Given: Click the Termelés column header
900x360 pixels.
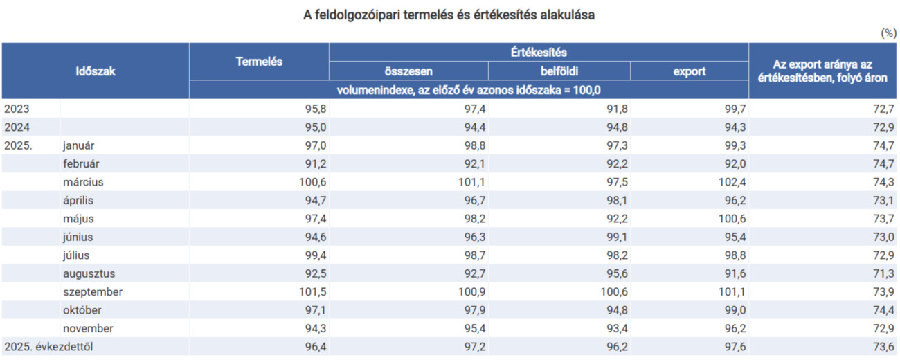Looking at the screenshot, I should coord(259,62).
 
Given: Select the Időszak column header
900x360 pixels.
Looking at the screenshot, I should coord(95,71).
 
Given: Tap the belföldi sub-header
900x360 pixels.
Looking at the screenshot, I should coord(559,71).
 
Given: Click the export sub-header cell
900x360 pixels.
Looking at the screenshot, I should coord(690,71).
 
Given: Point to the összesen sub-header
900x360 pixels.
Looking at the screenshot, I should coord(408,71).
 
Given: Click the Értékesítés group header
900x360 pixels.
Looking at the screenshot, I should coord(539,52).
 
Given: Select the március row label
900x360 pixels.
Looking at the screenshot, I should coord(82,182).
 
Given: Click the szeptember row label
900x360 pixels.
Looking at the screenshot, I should coord(92,292).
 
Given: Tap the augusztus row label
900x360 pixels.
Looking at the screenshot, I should coord(89,273).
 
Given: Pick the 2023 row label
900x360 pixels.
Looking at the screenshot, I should coord(17,109).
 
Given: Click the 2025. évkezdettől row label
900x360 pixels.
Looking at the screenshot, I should coord(48,347).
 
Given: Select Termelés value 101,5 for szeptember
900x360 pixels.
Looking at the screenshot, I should coord(311,292).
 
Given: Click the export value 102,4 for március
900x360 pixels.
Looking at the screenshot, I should coord(729,182).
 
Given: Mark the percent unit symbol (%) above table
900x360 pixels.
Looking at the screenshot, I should coord(888,33).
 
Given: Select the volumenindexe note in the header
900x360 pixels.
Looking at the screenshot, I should coord(469,90).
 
